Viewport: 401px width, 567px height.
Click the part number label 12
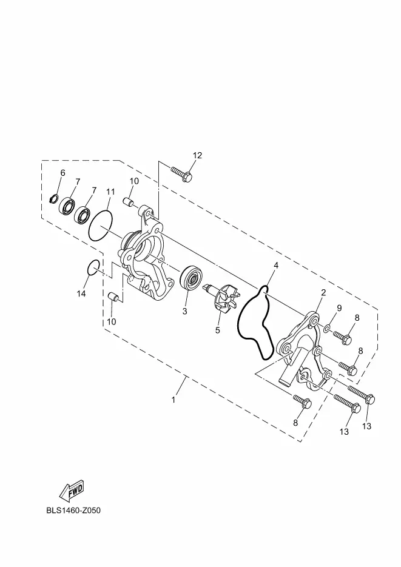(x=197, y=156)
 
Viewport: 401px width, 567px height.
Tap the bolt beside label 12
(x=181, y=173)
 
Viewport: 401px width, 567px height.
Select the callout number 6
(x=62, y=173)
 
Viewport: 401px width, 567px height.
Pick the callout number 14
(x=81, y=294)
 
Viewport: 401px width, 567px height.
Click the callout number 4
(x=275, y=266)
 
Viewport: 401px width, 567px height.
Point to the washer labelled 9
(x=327, y=328)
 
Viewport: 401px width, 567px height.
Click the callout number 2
(x=323, y=292)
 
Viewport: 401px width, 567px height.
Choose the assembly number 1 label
(x=174, y=400)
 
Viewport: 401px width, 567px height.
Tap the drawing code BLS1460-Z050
(x=73, y=510)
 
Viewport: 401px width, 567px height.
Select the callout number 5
(x=217, y=330)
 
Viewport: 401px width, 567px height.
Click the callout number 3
(x=184, y=311)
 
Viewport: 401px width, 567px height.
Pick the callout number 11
(x=110, y=192)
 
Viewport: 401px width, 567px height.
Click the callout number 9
(x=339, y=308)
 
